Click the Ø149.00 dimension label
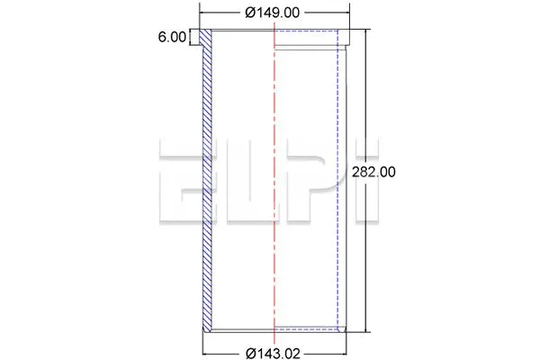[272, 13]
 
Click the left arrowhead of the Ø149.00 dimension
[202, 13]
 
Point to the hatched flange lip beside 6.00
[202, 39]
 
